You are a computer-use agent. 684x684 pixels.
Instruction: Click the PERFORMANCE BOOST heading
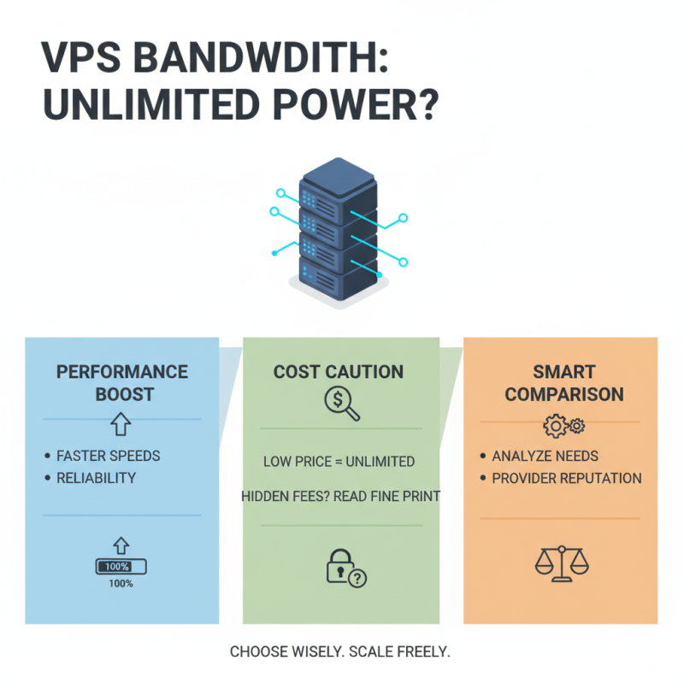coord(121,383)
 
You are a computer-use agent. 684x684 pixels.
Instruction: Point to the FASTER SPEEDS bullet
coord(108,456)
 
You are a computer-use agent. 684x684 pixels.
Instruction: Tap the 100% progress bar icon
coord(121,566)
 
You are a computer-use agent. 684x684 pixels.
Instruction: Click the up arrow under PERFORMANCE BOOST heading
coord(120,422)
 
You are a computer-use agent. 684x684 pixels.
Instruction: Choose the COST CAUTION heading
coord(339,372)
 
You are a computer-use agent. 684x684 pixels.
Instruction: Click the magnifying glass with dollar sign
coord(340,403)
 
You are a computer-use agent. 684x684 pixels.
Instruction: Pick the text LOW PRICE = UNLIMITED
coord(339,462)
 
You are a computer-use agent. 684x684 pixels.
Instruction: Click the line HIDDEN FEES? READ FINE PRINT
coord(340,496)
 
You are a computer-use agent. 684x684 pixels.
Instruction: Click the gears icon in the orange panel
coord(563,425)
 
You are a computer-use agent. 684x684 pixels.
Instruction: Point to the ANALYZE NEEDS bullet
coord(545,456)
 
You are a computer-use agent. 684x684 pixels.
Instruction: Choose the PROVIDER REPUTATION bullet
coord(566,478)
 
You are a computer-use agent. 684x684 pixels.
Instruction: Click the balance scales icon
coord(561,563)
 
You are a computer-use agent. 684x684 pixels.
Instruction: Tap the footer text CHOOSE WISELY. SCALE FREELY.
coord(340,652)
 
